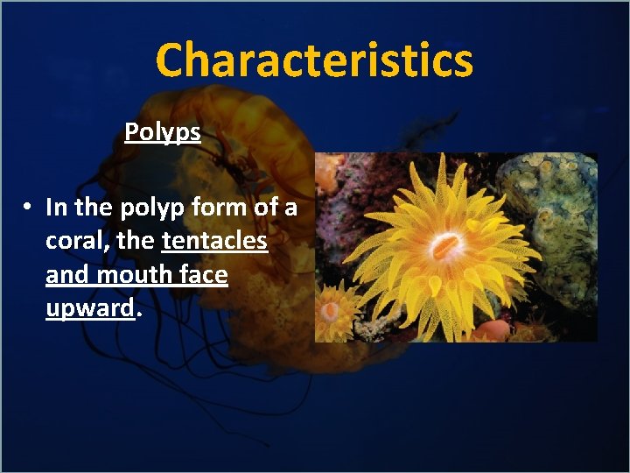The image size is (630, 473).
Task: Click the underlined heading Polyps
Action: click(x=163, y=132)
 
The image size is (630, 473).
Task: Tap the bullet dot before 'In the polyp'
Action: click(x=29, y=208)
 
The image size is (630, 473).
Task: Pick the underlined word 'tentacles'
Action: click(x=214, y=241)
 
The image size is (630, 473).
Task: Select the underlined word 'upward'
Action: click(x=90, y=308)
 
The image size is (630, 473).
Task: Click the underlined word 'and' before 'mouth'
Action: click(x=67, y=274)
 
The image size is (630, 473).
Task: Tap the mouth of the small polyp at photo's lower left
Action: click(x=330, y=310)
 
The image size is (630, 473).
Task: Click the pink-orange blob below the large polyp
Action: click(x=493, y=330)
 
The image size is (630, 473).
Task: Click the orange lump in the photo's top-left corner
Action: click(x=325, y=171)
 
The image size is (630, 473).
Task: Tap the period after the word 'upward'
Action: click(x=138, y=314)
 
